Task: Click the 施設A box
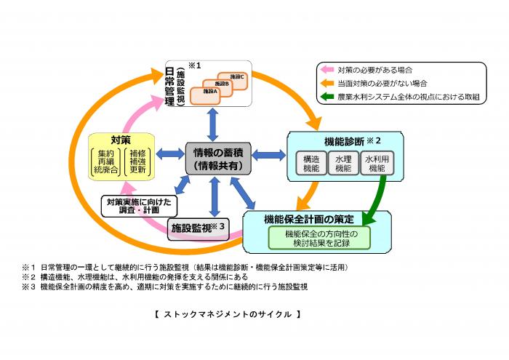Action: (210, 92)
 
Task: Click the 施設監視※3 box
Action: (199, 228)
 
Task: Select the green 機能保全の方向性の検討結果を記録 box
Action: (318, 237)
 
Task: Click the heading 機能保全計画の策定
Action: (310, 218)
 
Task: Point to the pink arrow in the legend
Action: (326, 71)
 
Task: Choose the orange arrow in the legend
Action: (326, 84)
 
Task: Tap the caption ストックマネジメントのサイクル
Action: (227, 314)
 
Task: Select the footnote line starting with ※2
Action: (145, 277)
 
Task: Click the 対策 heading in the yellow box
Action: (121, 139)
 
